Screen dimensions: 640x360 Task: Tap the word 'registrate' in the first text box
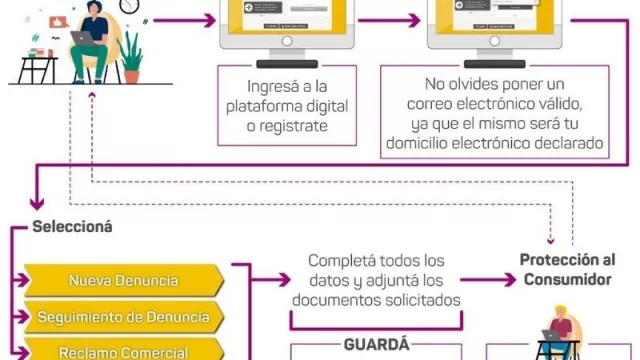pos(291,127)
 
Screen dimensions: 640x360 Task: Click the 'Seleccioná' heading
pos(72,226)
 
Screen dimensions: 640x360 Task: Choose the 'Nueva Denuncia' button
pos(123,280)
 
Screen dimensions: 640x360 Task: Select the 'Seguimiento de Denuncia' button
pos(123,318)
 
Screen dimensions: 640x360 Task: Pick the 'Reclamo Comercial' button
pos(123,352)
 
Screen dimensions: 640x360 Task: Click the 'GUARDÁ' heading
pos(376,343)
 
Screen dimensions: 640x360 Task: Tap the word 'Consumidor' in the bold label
pos(567,279)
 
